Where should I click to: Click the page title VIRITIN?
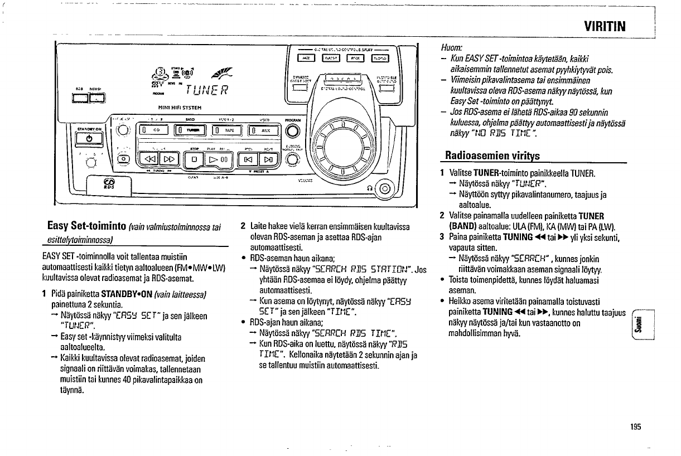605,26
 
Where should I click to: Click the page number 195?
636,426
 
